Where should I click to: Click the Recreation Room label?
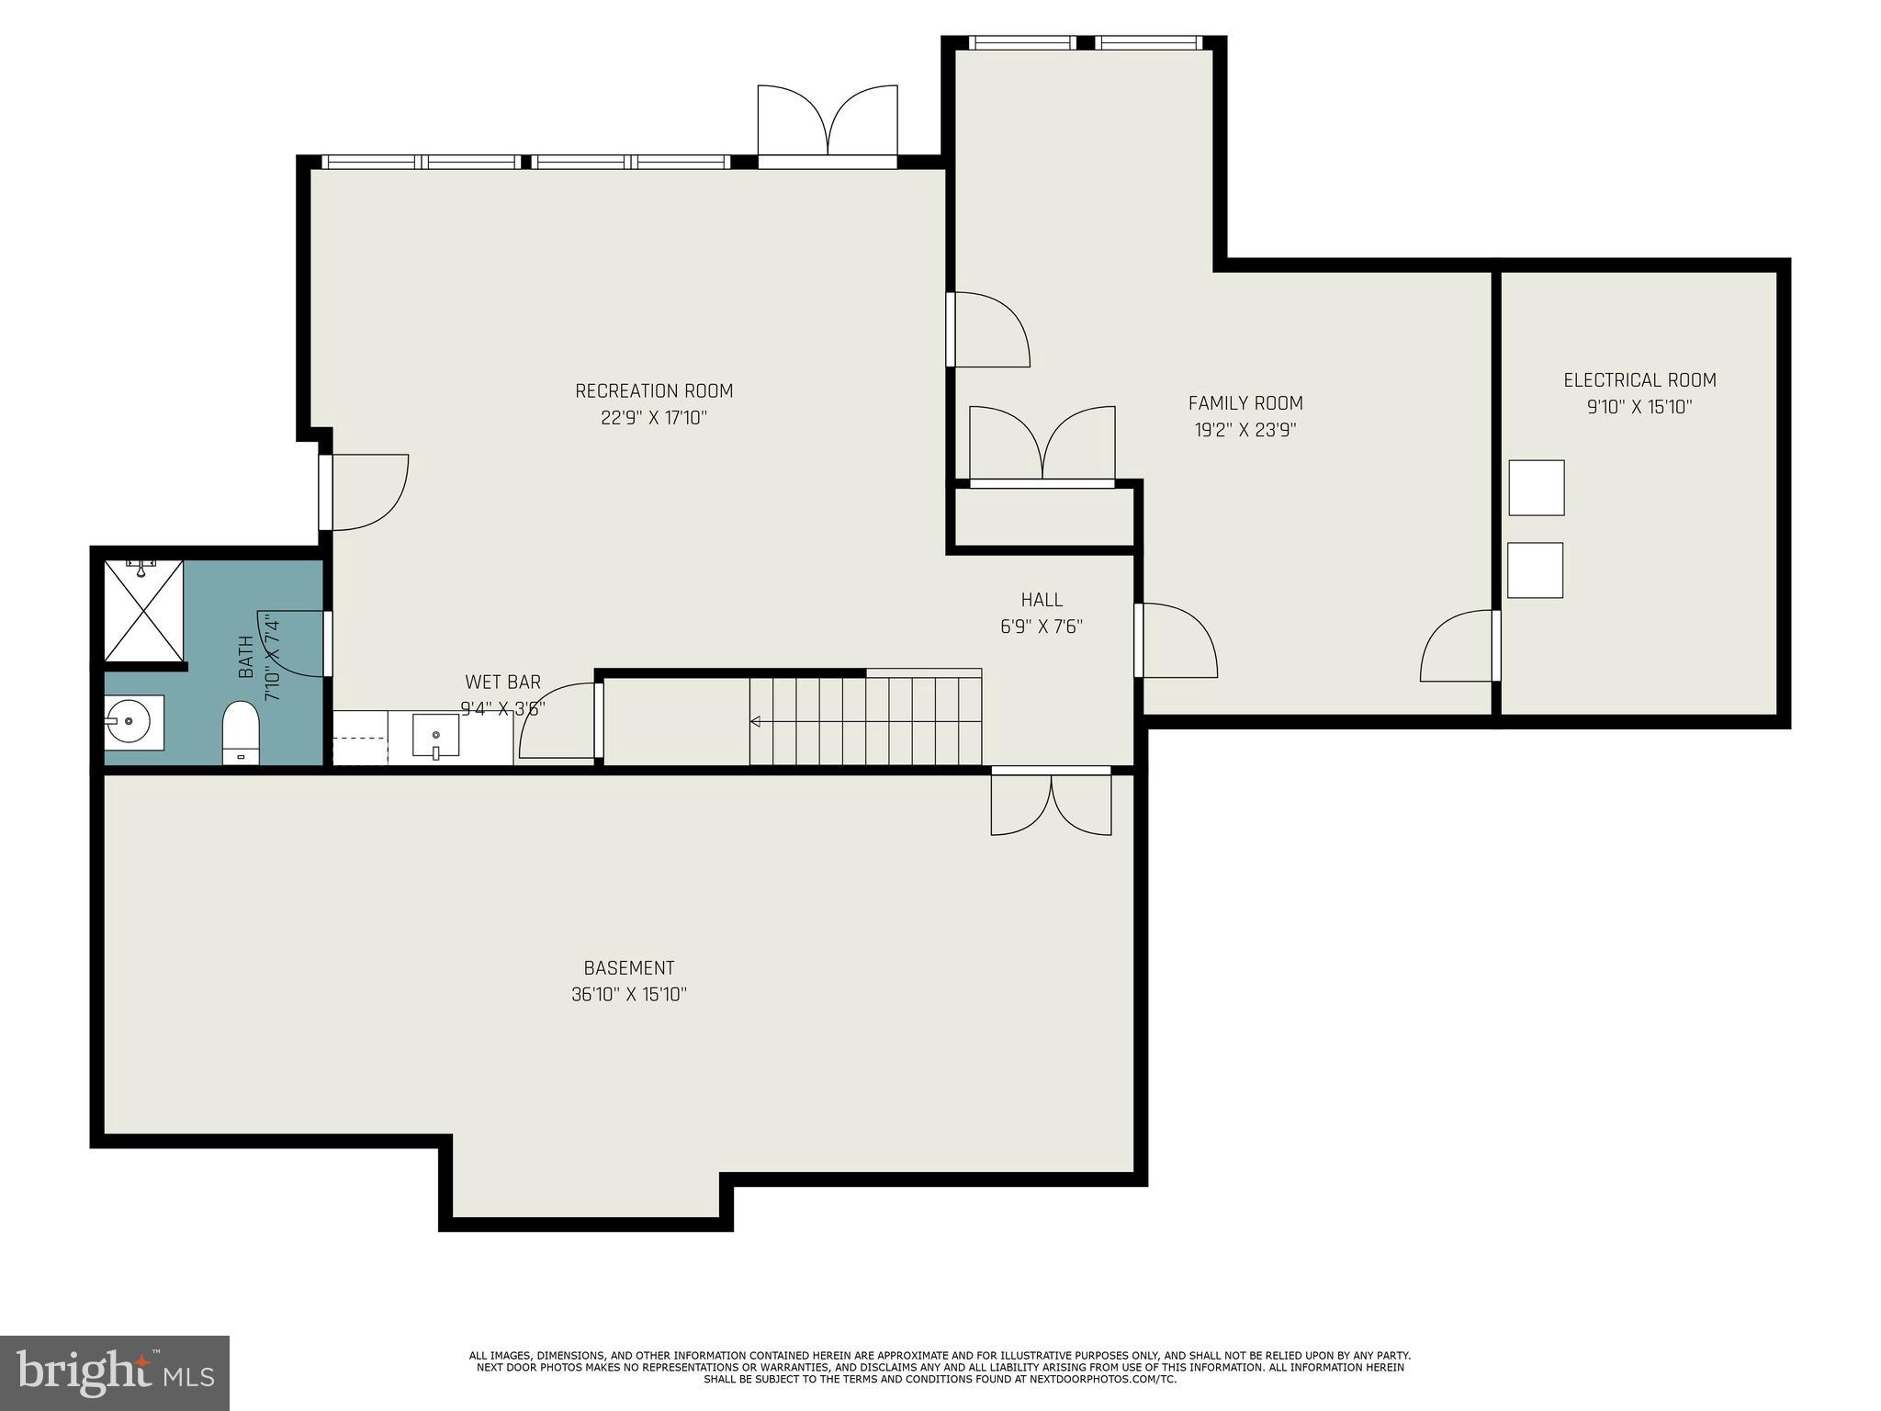(x=654, y=391)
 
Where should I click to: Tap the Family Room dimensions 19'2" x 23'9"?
(x=1245, y=430)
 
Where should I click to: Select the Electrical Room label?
(x=1639, y=380)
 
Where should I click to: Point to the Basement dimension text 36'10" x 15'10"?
(x=629, y=995)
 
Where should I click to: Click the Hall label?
(x=1042, y=600)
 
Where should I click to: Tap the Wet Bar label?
(x=502, y=683)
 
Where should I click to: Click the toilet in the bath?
(x=242, y=731)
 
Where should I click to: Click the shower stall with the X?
(x=143, y=610)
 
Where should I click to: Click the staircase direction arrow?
(x=756, y=722)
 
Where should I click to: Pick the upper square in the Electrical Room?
(x=1536, y=488)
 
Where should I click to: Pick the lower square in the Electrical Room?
(x=1535, y=570)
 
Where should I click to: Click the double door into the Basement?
(x=1051, y=803)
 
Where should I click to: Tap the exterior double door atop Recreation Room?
(x=828, y=125)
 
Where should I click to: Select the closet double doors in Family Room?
(x=1042, y=445)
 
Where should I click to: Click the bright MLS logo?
(x=115, y=1372)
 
